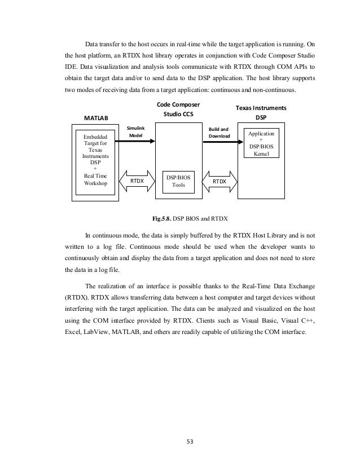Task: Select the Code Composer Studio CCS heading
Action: coord(178,109)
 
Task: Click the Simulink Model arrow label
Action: coord(135,132)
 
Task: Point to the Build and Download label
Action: coord(219,132)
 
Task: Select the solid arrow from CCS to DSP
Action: coord(219,142)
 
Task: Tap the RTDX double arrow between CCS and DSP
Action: coord(219,181)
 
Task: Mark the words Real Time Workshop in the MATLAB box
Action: coord(95,179)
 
